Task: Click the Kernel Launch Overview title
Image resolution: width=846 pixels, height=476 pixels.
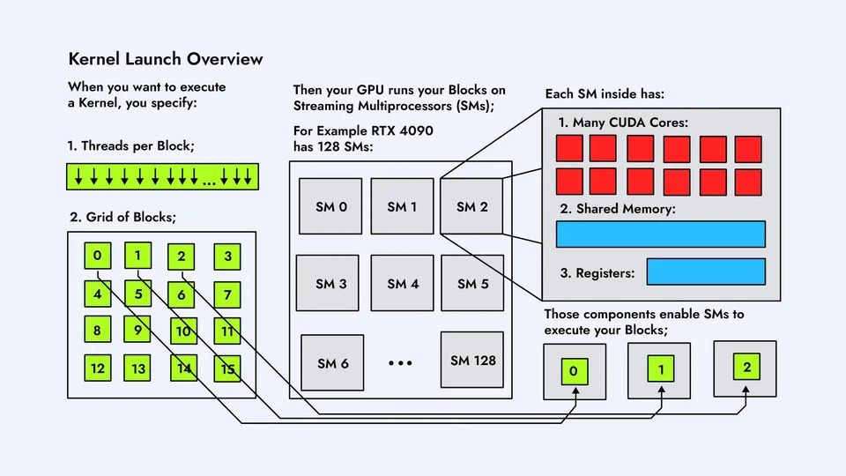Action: pos(166,59)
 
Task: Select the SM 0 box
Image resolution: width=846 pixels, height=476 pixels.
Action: pos(330,207)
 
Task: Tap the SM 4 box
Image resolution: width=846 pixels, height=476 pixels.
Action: pos(402,284)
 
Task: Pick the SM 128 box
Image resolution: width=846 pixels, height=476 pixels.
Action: pos(472,360)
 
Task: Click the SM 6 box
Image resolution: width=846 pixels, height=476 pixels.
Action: pos(333,363)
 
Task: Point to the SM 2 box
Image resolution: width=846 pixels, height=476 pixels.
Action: pos(472,207)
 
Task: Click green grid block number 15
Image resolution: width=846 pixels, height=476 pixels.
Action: pos(227,368)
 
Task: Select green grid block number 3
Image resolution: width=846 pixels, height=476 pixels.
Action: pos(227,257)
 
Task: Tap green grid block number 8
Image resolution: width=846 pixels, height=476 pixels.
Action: pos(97,331)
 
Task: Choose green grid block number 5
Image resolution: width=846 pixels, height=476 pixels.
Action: pos(138,294)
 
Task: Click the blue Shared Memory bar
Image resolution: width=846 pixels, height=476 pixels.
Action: pos(660,234)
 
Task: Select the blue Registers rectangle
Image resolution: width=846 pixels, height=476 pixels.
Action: pos(706,271)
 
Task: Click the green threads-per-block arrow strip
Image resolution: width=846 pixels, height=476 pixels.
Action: pos(162,176)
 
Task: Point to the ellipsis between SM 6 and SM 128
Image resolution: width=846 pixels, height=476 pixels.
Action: pos(401,363)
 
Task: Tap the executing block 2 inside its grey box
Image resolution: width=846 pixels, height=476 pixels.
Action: pos(746,368)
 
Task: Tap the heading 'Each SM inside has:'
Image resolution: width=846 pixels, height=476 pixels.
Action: pos(605,93)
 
